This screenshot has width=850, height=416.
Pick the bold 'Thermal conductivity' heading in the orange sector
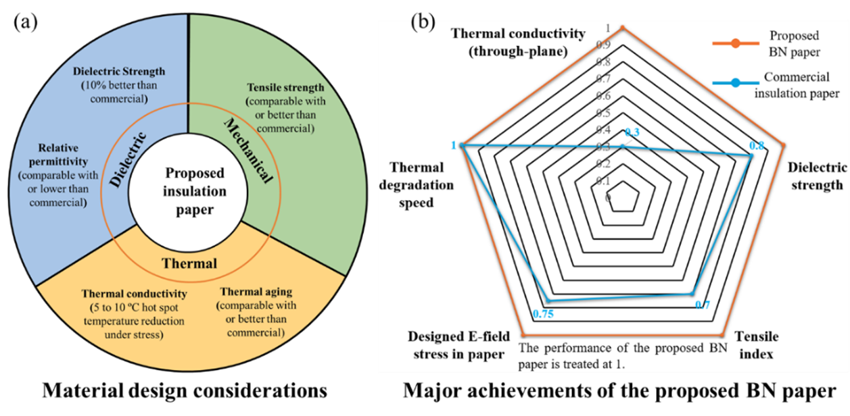[134, 294]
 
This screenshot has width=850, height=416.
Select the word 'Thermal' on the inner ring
[189, 263]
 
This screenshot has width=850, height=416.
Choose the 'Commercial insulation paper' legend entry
[801, 85]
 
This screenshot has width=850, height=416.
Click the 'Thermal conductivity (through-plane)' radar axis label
[518, 41]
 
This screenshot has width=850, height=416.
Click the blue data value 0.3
[633, 132]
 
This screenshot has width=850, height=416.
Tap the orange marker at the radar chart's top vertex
[623, 28]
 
